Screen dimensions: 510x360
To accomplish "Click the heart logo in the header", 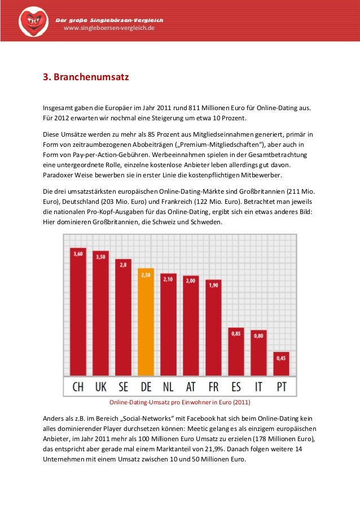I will pyautogui.click(x=33, y=21).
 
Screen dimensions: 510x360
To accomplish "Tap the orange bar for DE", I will pyautogui.click(x=146, y=322).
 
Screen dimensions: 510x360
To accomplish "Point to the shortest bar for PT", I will pyautogui.click(x=281, y=364).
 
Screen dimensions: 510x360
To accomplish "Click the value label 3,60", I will pyautogui.click(x=78, y=254).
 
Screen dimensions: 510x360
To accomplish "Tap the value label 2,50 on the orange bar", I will pyautogui.click(x=146, y=274).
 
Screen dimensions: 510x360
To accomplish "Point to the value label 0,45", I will pyautogui.click(x=281, y=358).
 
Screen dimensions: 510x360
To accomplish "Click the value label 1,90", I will pyautogui.click(x=213, y=285).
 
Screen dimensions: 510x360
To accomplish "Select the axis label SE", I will pyautogui.click(x=123, y=387).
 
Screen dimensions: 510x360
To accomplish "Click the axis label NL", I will pyautogui.click(x=168, y=387).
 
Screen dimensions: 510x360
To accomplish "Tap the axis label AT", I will pyautogui.click(x=191, y=387).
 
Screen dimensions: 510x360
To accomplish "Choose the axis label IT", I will pyautogui.click(x=258, y=387).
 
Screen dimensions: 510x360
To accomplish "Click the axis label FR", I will pyautogui.click(x=213, y=387).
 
